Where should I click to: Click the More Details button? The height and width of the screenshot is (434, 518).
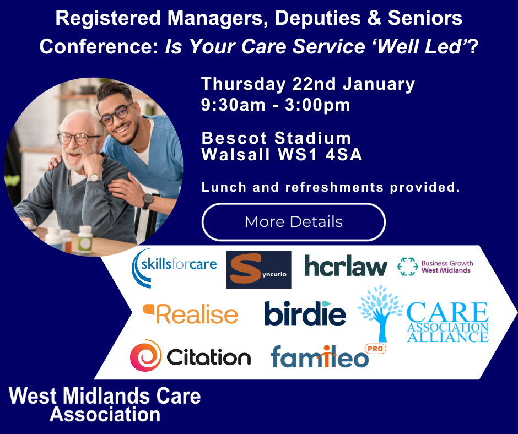tap(293, 221)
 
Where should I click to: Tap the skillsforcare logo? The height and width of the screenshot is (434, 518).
tap(174, 268)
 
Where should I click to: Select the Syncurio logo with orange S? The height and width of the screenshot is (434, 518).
tap(258, 269)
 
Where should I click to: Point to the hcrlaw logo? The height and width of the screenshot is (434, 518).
tap(346, 266)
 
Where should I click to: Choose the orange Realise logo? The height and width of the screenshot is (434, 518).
tap(190, 314)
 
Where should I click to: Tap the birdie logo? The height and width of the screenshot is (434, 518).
tap(305, 313)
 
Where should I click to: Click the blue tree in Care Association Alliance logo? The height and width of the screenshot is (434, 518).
tap(381, 312)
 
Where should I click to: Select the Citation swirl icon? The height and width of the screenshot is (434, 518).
tap(145, 356)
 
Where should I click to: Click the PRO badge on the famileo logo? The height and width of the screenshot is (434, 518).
tap(375, 349)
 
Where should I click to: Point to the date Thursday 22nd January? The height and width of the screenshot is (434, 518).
tap(308, 84)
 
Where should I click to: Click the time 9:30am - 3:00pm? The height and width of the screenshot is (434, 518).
tap(276, 105)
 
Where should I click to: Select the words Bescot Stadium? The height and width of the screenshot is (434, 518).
tap(276, 138)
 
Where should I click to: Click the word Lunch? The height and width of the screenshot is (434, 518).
tap(224, 187)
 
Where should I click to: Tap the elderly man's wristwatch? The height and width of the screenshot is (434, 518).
tap(94, 178)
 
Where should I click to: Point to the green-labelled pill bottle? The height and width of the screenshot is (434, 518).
tap(85, 239)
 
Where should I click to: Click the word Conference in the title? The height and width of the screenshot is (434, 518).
tap(99, 46)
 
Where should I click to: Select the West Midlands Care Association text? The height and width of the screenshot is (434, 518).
tap(105, 405)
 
